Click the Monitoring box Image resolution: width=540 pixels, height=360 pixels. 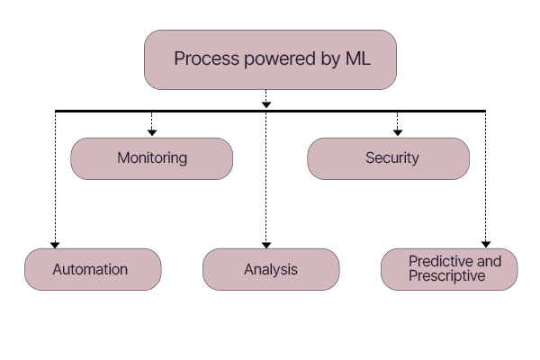click(151, 158)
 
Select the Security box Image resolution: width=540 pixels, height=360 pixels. click(388, 158)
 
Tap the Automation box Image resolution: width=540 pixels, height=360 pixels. click(93, 269)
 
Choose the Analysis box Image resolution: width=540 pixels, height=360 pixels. click(271, 269)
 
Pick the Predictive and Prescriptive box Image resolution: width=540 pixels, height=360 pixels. click(449, 269)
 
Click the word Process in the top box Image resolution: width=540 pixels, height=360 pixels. click(206, 58)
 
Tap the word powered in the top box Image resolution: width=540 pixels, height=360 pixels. click(280, 58)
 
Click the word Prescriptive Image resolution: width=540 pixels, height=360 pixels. click(447, 276)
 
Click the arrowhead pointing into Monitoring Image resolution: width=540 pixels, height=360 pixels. click(152, 132)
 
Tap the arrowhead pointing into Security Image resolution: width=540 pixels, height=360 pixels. click(398, 132)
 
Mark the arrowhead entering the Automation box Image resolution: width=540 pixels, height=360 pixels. click(55, 245)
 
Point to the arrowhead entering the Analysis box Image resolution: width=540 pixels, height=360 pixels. click(265, 245)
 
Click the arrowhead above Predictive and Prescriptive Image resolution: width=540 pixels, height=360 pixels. click(486, 244)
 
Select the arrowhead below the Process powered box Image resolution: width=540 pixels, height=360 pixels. click(265, 104)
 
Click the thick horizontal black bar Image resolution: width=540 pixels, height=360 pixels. click(270, 111)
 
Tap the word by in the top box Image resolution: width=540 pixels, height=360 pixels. click(330, 59)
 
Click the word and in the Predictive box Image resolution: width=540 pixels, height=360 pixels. click(489, 262)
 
